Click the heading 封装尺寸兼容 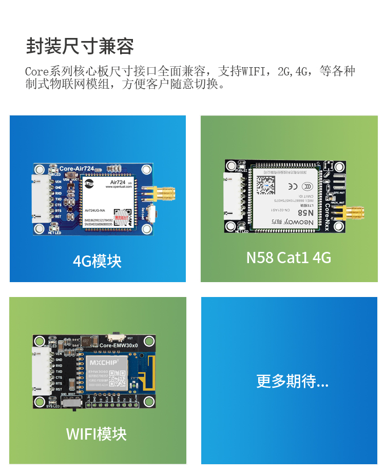pos(80,46)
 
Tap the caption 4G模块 pos(97,261)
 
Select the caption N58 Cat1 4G pos(288,257)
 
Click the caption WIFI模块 pos(96,434)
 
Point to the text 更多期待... pos(292,381)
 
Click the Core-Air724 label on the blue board pos(76,168)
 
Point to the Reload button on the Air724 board pos(152,212)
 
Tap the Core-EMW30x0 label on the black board pos(119,346)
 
